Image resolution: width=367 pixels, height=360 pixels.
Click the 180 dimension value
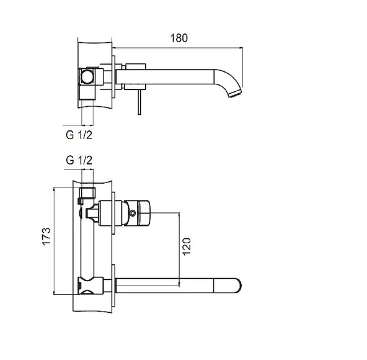coord(179,38)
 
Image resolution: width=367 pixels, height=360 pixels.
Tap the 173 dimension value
coord(46,236)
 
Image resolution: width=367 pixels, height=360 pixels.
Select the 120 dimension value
coord(187,246)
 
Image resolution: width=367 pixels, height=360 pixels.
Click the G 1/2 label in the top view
coord(79,135)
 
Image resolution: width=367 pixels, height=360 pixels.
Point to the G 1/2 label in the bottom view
coord(79,160)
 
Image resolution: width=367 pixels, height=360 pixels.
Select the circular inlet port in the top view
coord(88,77)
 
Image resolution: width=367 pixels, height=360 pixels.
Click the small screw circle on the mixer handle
coord(133,213)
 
